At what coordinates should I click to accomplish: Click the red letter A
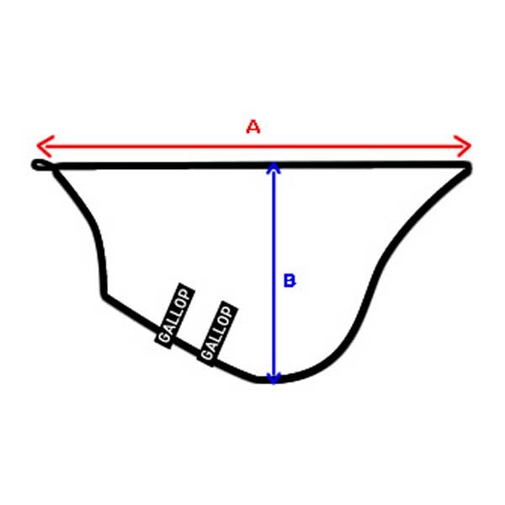pyautogui.click(x=253, y=126)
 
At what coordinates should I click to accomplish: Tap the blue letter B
pyautogui.click(x=290, y=280)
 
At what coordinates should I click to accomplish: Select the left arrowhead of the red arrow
pyautogui.click(x=45, y=146)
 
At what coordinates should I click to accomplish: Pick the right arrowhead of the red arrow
pyautogui.click(x=463, y=146)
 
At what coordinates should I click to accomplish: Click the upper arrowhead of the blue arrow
pyautogui.click(x=274, y=167)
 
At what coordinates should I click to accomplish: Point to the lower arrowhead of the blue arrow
pyautogui.click(x=274, y=379)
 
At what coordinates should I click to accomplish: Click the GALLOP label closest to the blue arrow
pyautogui.click(x=217, y=333)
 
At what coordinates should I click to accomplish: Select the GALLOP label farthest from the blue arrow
pyautogui.click(x=175, y=316)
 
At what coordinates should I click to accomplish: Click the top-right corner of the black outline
pyautogui.click(x=468, y=166)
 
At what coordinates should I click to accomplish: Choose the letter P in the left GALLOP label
pyautogui.click(x=185, y=295)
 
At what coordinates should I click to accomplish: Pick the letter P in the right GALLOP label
pyautogui.click(x=227, y=312)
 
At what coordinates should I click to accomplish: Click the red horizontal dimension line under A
pyautogui.click(x=254, y=146)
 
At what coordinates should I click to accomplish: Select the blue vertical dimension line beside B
pyautogui.click(x=274, y=273)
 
